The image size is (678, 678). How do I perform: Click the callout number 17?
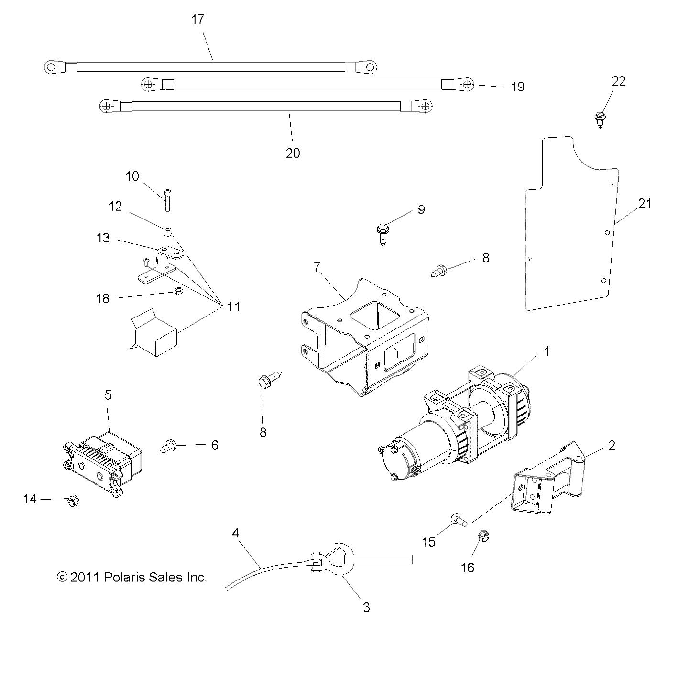(x=197, y=20)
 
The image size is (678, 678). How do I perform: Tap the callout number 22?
(x=618, y=81)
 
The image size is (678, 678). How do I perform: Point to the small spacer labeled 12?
(x=167, y=232)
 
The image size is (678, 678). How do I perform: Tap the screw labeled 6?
(x=168, y=446)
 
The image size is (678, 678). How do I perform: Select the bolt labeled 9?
(x=383, y=233)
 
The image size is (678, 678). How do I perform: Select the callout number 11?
(x=233, y=306)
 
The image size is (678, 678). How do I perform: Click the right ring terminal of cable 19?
(x=466, y=85)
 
